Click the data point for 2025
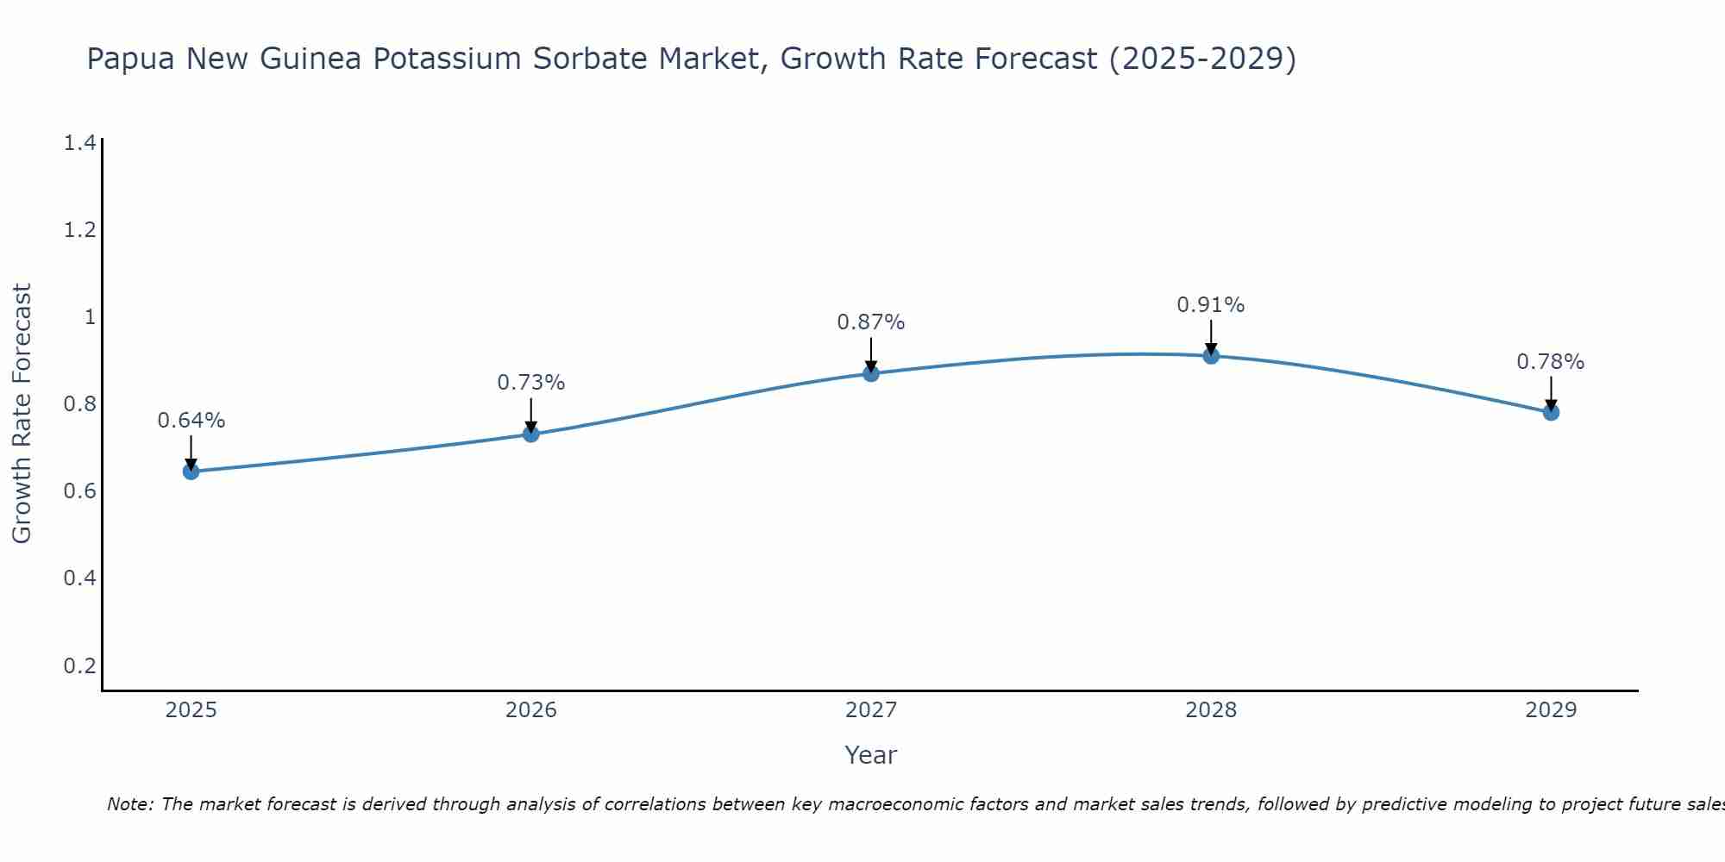[191, 472]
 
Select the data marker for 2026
[531, 434]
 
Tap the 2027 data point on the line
[871, 373]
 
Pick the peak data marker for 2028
[1211, 356]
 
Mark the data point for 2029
[1551, 412]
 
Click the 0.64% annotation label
[191, 421]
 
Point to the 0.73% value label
[531, 383]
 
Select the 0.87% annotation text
[871, 322]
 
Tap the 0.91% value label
[1211, 305]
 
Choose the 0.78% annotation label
[1551, 362]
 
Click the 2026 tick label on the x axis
[531, 710]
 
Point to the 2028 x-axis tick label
[1211, 710]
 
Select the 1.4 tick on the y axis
[80, 143]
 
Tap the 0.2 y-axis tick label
[80, 665]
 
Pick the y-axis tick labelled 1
[89, 317]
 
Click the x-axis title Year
[871, 755]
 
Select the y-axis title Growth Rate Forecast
[22, 414]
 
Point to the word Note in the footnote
[129, 804]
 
